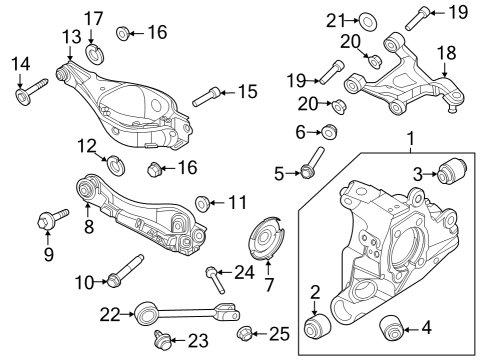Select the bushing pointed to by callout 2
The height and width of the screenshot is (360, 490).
click(318, 326)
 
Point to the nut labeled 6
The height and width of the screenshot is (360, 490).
click(327, 130)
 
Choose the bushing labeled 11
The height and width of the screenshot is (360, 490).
click(202, 204)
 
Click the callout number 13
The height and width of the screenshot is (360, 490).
click(70, 36)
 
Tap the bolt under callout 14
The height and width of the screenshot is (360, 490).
click(23, 95)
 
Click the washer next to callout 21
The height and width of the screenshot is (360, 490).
click(366, 19)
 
